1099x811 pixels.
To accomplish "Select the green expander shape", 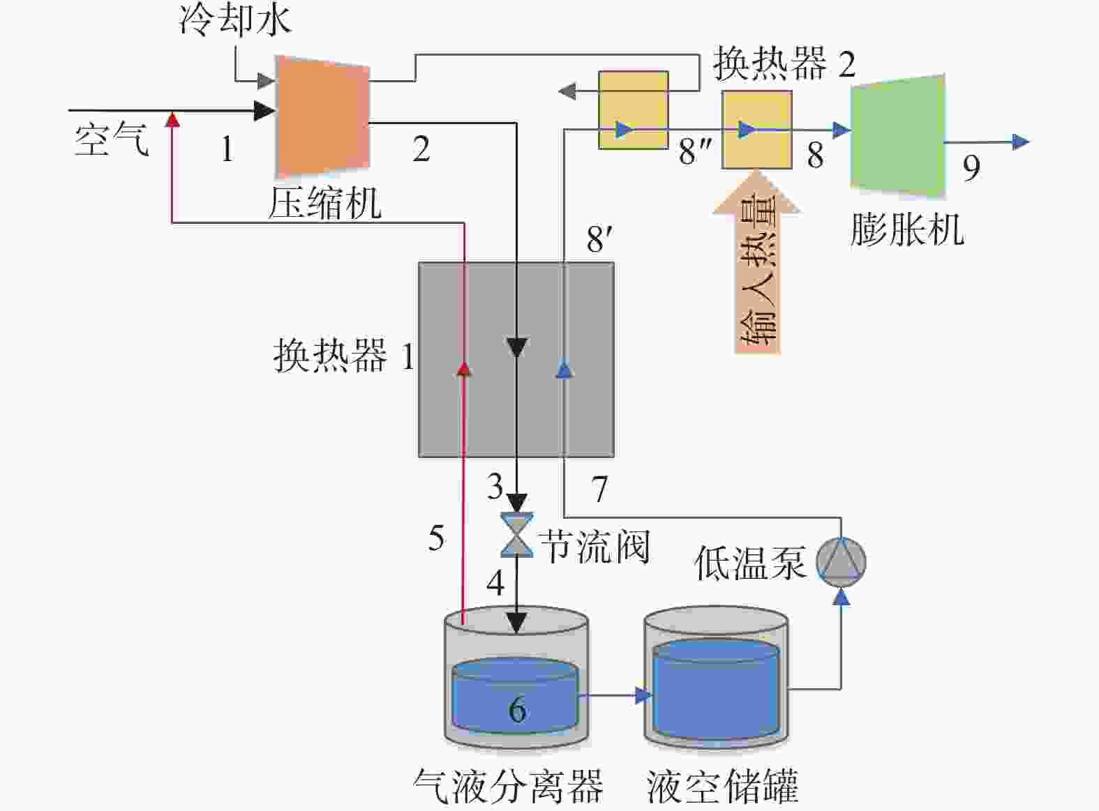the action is (898, 136).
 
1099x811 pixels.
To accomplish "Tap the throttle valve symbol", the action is (517, 535).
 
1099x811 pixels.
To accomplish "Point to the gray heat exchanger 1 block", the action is (516, 359).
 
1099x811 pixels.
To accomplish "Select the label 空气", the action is (112, 139).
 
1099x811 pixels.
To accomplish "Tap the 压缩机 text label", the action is (324, 203).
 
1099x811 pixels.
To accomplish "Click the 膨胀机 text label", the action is (907, 229).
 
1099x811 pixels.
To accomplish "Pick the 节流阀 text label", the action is (595, 547).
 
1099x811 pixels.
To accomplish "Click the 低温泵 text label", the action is (750, 563).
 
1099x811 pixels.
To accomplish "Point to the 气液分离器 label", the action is (509, 786).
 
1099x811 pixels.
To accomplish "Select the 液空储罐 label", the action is (723, 786).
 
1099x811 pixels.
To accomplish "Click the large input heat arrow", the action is (757, 262).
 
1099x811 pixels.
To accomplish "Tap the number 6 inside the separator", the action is (517, 708).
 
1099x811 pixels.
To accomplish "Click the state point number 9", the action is (972, 168).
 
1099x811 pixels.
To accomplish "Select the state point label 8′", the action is (600, 239).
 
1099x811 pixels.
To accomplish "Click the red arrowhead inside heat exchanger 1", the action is (463, 369).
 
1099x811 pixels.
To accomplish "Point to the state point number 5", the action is (437, 537).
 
